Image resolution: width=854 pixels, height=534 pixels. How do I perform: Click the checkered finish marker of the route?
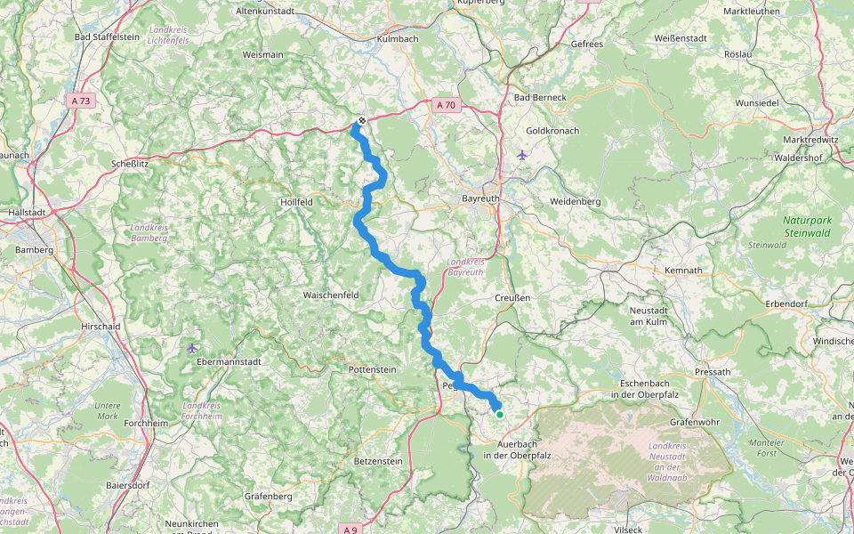(x=361, y=120)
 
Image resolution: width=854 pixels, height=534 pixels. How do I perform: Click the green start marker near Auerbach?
(x=500, y=414)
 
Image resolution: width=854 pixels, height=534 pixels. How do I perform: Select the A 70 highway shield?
(x=446, y=105)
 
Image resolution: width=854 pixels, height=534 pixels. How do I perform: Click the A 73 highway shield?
(x=81, y=101)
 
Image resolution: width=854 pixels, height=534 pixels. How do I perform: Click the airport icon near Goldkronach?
(x=521, y=154)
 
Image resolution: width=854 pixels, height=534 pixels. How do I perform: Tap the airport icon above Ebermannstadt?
(x=193, y=347)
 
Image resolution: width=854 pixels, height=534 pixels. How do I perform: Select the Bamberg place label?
(x=34, y=250)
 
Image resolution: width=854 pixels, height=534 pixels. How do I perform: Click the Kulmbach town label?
(x=398, y=40)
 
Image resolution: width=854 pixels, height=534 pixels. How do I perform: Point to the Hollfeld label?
(x=295, y=202)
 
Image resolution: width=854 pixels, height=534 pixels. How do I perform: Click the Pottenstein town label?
(x=372, y=368)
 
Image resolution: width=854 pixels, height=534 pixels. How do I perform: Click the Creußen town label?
(x=512, y=297)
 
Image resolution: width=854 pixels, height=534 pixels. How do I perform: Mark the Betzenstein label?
(x=378, y=461)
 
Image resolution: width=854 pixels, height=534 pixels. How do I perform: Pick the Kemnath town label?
(x=683, y=270)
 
